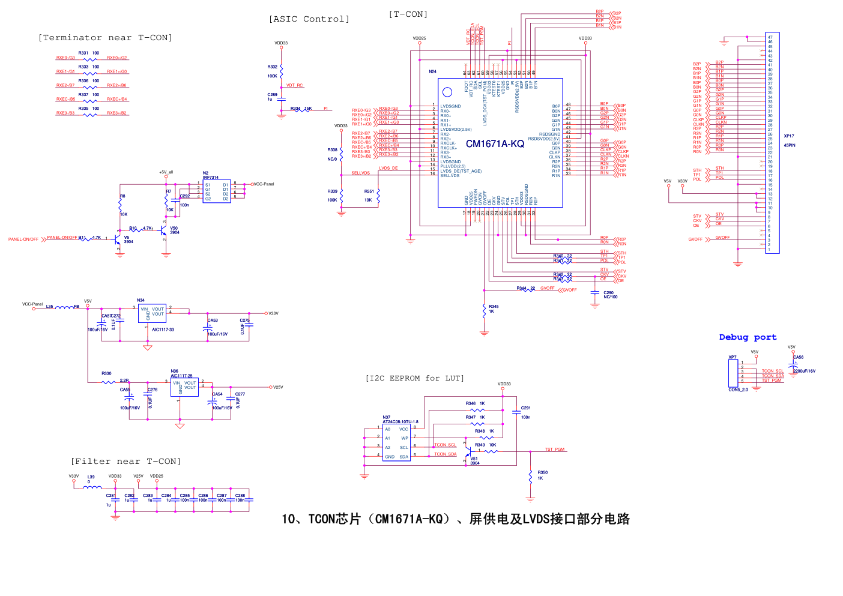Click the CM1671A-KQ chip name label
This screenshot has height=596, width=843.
point(495,144)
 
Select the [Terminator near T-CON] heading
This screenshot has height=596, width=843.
point(105,38)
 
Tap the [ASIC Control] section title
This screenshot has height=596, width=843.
point(309,19)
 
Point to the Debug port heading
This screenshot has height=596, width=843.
point(748,337)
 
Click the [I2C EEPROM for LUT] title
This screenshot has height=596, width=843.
point(414,378)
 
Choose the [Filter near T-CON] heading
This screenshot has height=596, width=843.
point(125,462)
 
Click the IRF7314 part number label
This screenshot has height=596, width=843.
point(211,178)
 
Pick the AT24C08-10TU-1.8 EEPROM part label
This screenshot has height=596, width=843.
point(400,422)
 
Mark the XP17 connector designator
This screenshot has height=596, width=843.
point(789,136)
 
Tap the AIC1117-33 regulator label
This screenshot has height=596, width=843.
point(163,330)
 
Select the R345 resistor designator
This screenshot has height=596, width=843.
point(494,307)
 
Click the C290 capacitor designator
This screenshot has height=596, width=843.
point(608,293)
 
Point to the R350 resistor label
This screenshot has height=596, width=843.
point(542,473)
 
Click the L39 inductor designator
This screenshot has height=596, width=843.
point(91,477)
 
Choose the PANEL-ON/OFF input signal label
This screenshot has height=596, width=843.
point(23,239)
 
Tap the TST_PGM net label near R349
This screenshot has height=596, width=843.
point(555,450)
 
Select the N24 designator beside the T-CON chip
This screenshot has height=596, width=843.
point(432,72)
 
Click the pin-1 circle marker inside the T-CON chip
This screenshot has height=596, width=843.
point(447,92)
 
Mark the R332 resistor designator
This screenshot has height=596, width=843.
point(273,67)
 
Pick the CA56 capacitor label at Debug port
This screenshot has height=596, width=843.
point(798,357)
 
